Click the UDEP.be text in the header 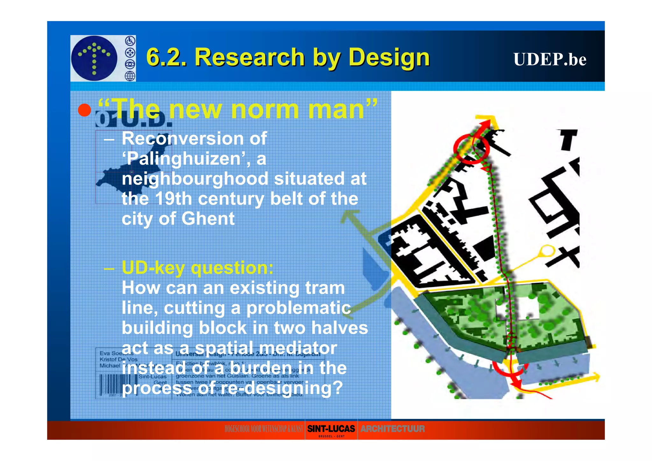549,59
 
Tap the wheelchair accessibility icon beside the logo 130,41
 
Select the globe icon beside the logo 130,76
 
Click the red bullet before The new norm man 84,110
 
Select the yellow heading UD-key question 197,268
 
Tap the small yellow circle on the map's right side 546,250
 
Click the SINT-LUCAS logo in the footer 331,429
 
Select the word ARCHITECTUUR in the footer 392,429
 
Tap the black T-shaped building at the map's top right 568,139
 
